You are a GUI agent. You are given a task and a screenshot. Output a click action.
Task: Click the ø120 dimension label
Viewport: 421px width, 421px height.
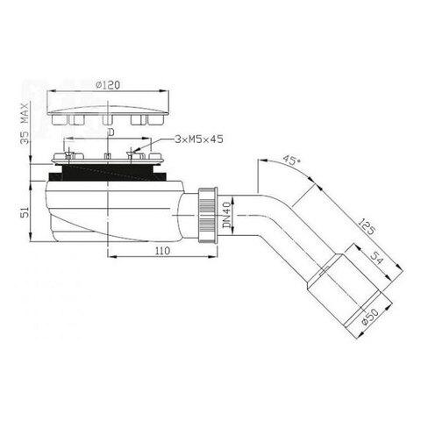pos(108,85)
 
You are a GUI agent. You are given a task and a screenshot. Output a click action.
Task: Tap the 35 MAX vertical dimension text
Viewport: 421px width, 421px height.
pos(26,123)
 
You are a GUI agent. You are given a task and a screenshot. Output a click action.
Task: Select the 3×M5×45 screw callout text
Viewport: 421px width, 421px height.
pos(199,139)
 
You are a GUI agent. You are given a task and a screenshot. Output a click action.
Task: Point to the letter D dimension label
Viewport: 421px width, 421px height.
pos(111,132)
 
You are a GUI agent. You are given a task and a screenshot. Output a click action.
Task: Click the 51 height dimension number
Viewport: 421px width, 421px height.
pos(25,212)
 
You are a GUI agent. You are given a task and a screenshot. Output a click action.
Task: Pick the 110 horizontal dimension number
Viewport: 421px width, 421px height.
pos(162,251)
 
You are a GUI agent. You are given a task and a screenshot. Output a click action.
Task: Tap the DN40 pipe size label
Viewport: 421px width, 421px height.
pos(226,216)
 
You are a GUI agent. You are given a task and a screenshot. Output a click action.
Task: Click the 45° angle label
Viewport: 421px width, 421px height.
pos(292,161)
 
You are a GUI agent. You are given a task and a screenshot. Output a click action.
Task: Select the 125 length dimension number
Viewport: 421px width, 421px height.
pos(366,226)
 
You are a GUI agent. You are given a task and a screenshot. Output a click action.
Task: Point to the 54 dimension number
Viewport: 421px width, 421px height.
pos(376,258)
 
